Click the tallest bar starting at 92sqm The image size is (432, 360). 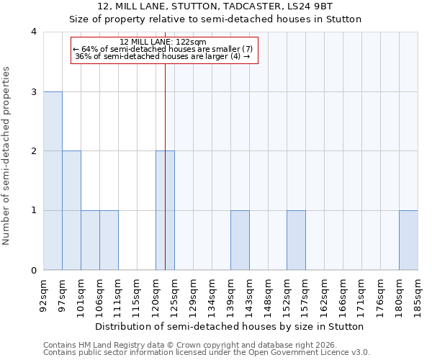pos(53,181)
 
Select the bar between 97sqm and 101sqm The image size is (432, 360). pos(71,210)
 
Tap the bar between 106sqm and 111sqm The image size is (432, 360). pos(109,240)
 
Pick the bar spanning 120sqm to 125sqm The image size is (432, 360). pos(165,210)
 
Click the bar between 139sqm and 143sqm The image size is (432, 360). pos(240,240)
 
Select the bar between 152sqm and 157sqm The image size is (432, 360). pos(296,240)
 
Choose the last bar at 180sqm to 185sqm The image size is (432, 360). pos(408,240)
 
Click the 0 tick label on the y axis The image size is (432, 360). pos(33,270)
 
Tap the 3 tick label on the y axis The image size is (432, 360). pos(33,91)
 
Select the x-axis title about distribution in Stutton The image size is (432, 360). pos(230,326)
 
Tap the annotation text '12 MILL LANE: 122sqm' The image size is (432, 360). pos(163,42)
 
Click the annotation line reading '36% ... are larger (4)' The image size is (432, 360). pos(163,56)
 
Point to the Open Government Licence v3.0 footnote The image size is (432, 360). pos(207,353)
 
